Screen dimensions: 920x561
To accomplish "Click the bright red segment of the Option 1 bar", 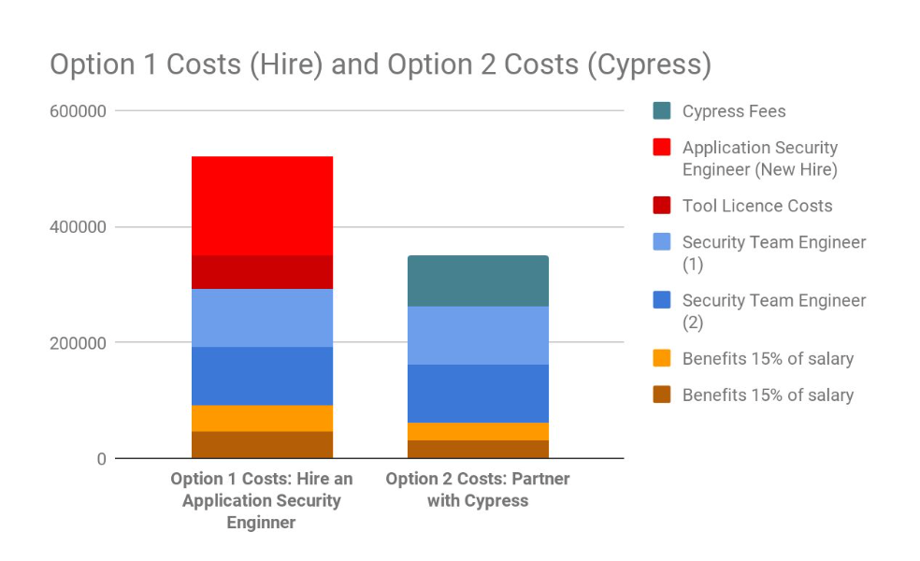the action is [x=263, y=206].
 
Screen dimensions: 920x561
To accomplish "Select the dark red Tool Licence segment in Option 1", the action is [x=263, y=272].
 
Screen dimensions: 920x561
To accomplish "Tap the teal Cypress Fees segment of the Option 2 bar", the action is [x=478, y=281].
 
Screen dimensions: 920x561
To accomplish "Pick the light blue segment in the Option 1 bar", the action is [x=263, y=318].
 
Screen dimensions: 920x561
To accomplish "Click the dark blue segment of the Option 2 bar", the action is [x=478, y=394].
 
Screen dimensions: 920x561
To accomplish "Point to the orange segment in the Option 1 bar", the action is [x=263, y=418].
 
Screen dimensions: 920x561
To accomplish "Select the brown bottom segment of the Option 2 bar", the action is [x=478, y=450].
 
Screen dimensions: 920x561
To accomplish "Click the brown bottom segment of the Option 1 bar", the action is [x=263, y=445].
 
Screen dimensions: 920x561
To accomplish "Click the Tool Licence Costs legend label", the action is [x=757, y=206].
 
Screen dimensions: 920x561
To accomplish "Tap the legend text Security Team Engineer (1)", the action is [x=774, y=253].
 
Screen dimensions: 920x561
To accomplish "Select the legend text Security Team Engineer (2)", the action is [x=774, y=311].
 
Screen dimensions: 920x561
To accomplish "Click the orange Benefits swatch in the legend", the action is [x=662, y=358].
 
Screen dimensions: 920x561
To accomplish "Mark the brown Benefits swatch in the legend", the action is [x=662, y=395].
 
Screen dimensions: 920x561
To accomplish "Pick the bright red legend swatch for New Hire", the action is [x=662, y=147].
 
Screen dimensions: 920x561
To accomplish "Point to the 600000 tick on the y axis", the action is [x=78, y=111].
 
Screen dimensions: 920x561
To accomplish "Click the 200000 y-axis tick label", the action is [x=78, y=343].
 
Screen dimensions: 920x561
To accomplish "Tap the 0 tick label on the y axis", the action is [x=102, y=459].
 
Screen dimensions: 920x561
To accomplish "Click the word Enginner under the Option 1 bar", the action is [x=261, y=523].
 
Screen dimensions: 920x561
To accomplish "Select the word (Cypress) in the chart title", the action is [x=649, y=65].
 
